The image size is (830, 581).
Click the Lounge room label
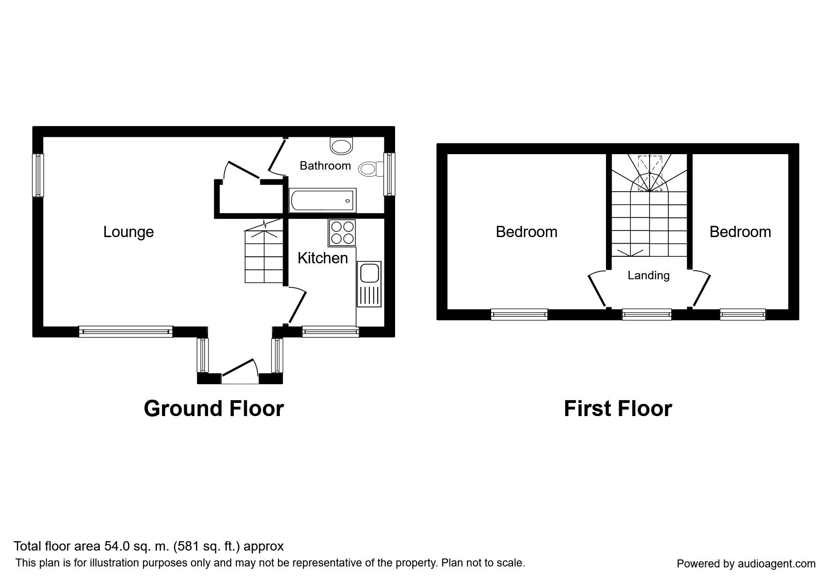pos(128,232)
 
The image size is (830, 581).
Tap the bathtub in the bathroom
pos(323,201)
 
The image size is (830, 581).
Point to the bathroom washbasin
pos(341,146)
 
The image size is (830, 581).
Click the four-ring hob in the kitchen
pos(342,233)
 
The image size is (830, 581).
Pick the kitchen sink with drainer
pos(369,284)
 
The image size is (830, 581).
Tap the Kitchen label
pos(322,258)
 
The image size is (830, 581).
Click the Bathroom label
pos(325,165)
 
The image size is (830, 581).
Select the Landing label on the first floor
pos(649,276)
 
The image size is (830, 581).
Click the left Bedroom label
pos(526,232)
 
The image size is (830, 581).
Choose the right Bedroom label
pos(740,232)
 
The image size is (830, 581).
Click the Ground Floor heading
pos(214,408)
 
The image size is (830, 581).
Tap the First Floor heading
pos(618,408)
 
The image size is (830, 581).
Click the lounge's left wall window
pos(37,175)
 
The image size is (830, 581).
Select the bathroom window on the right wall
pos(389,174)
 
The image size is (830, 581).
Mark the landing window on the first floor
pos(647,314)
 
